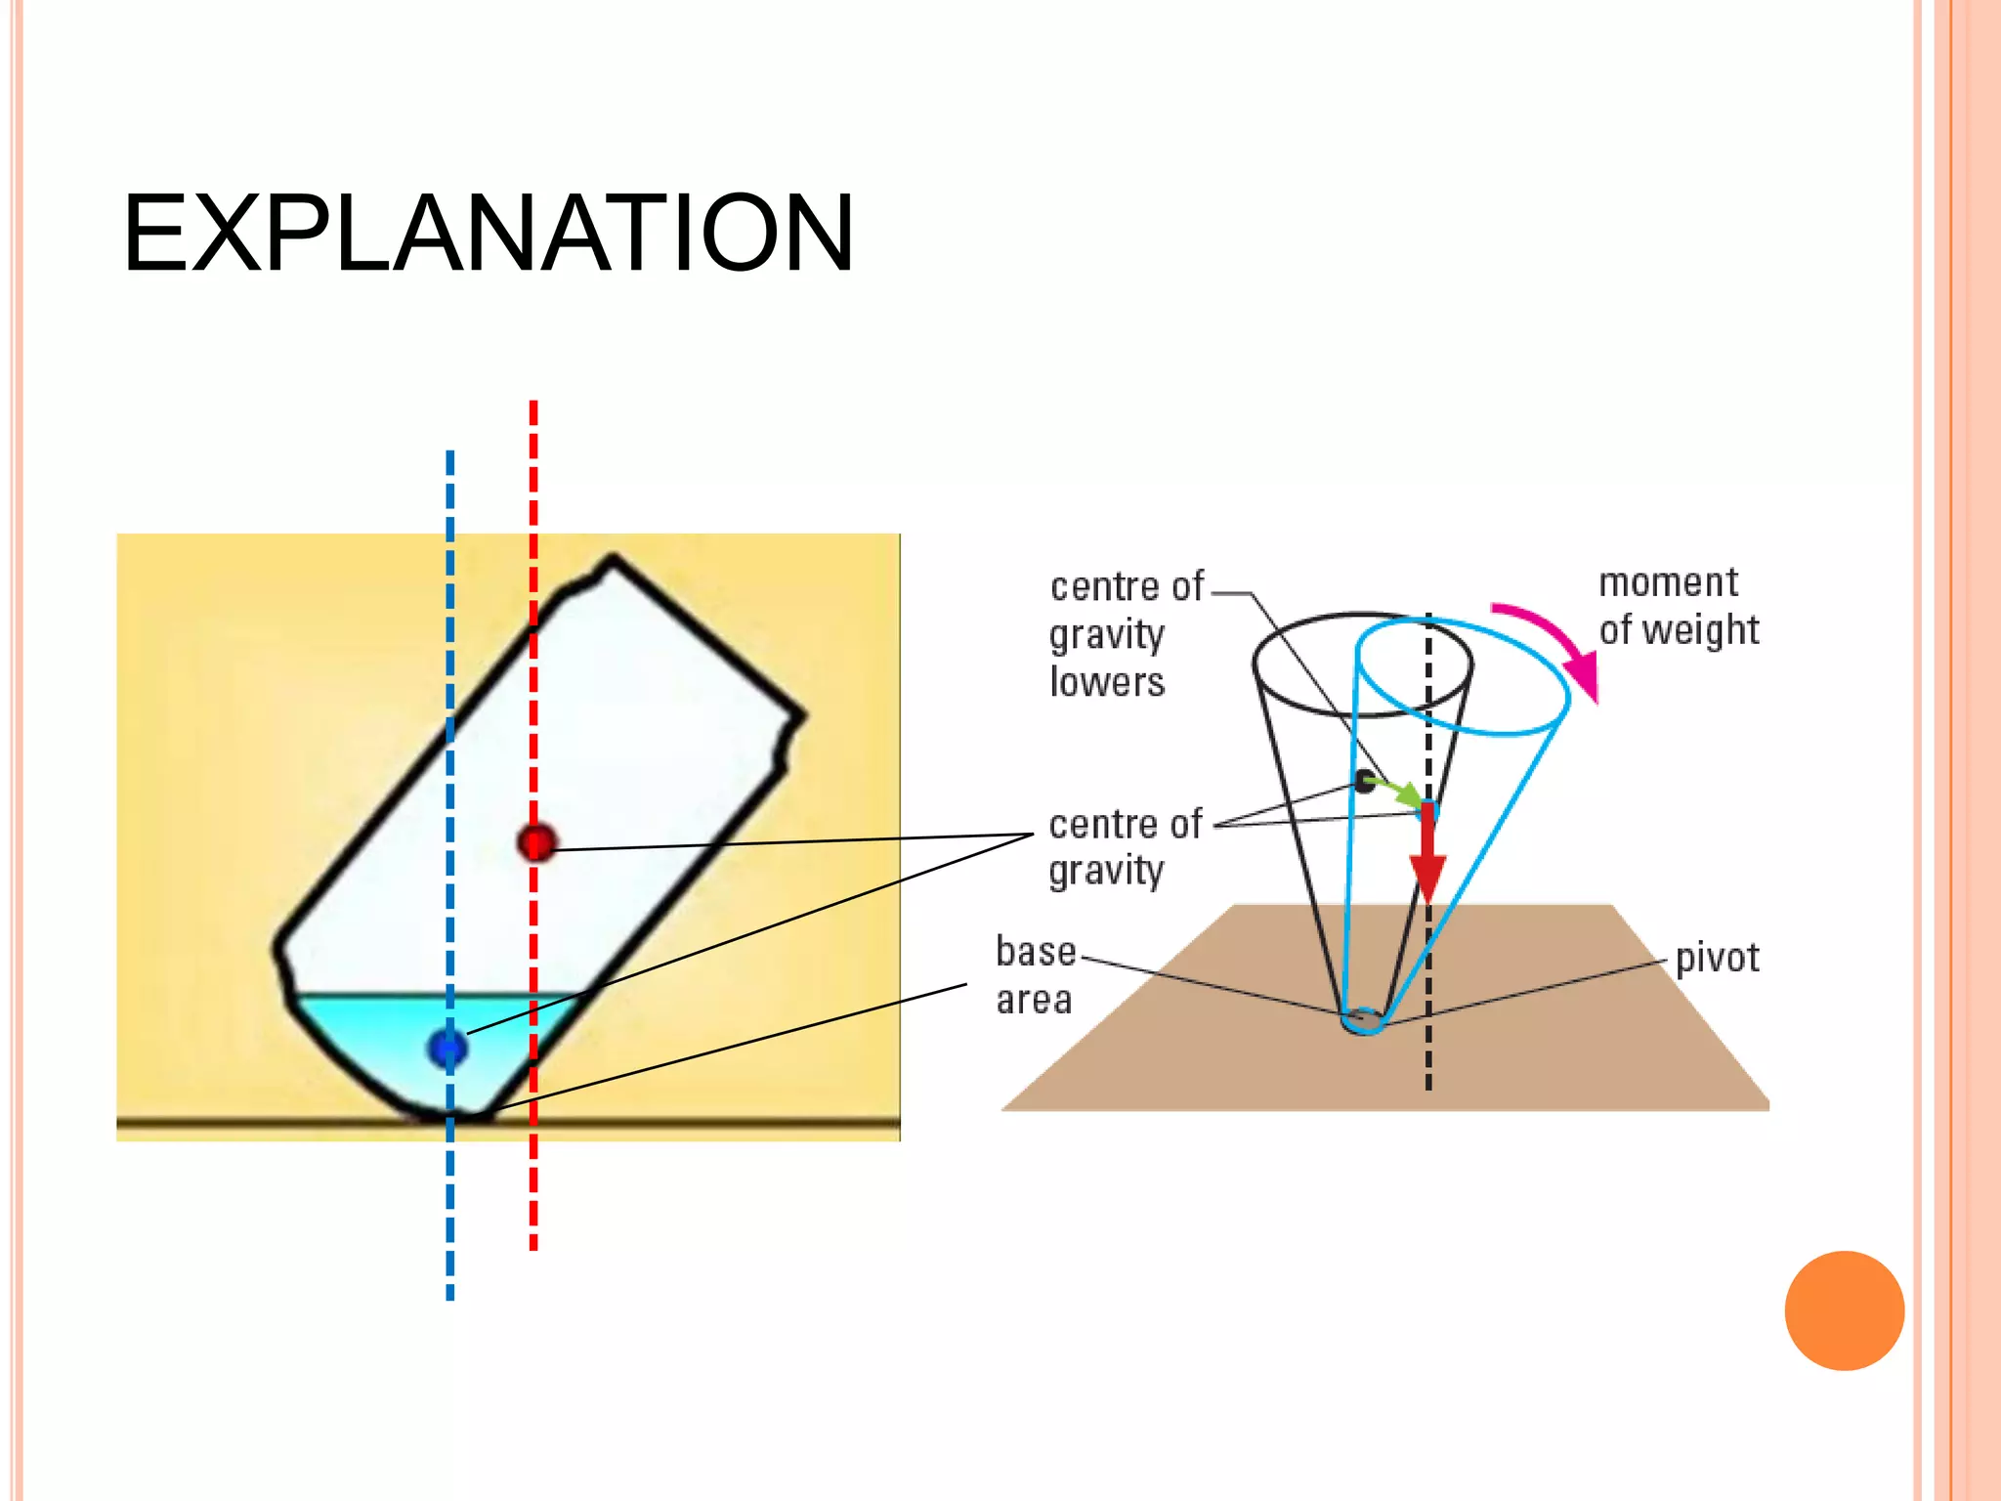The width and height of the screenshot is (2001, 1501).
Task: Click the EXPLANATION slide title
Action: click(x=488, y=234)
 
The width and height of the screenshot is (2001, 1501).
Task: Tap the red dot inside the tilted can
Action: click(x=536, y=841)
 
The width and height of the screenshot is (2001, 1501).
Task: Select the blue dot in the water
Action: click(x=447, y=1049)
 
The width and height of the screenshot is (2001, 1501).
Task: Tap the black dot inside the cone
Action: click(x=1364, y=781)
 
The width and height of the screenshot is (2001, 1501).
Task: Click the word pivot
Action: click(x=1717, y=959)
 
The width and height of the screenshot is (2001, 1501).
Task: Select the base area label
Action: click(x=1035, y=975)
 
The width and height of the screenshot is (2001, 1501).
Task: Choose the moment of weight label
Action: click(x=1678, y=606)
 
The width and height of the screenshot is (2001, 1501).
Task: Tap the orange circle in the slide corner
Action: click(x=1844, y=1310)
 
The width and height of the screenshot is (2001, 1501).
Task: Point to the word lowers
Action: click(x=1107, y=682)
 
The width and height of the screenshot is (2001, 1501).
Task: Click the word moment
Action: click(x=1668, y=582)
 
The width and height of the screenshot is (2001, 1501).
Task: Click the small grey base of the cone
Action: click(x=1362, y=1021)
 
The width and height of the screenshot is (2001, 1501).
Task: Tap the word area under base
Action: click(x=1034, y=1000)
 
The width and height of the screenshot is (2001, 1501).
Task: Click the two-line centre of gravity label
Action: click(x=1124, y=847)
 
